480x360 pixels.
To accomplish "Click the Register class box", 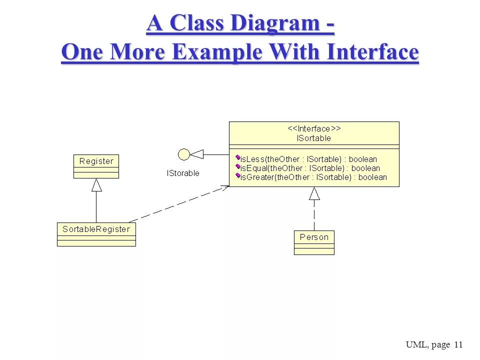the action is coord(96,161).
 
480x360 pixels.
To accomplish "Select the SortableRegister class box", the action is coord(96,229).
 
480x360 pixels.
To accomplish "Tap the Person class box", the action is coord(314,237).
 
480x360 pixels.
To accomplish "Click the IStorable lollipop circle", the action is coord(184,154).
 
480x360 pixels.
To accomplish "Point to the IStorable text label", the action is coord(183,173).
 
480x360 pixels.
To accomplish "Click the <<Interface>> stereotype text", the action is coord(314,129).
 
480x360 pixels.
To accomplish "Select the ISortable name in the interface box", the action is coord(314,138).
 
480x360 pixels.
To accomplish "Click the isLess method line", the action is coord(308,159).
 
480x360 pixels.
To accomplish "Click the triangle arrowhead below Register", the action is coord(96,185).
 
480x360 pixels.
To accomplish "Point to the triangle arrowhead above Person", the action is coord(314,193).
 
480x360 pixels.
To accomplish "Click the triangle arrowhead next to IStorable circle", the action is coord(197,154).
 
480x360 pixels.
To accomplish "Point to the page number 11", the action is coord(459,344).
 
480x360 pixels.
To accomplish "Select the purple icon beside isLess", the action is coord(238,158).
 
